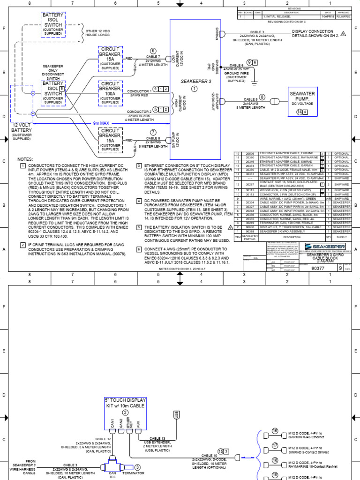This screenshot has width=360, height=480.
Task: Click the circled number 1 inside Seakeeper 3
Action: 194,89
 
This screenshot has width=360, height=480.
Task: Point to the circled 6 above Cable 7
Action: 152,51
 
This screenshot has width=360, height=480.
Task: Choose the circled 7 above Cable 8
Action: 152,132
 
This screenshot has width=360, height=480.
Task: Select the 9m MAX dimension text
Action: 101,123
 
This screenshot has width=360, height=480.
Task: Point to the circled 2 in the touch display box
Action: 125,412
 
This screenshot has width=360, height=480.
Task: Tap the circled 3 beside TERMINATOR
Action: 137,467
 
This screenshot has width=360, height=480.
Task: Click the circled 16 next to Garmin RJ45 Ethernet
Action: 275,431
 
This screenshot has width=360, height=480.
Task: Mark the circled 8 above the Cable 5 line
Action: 262,97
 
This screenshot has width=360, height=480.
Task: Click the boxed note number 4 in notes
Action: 139,201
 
